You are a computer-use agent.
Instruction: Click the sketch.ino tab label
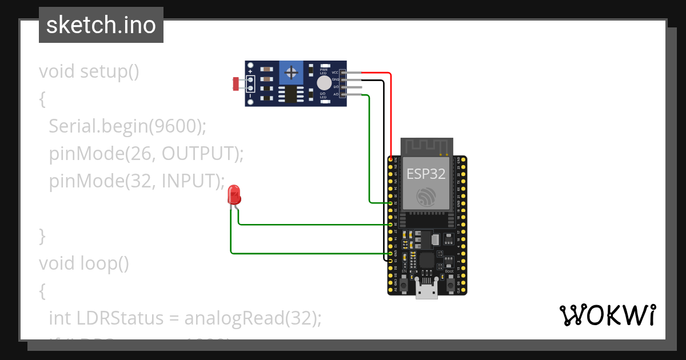point(101,25)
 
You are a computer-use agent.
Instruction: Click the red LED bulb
point(234,195)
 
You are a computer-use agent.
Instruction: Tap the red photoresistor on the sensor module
point(235,84)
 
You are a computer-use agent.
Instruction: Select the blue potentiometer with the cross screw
point(292,73)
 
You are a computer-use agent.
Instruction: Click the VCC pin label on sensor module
point(335,73)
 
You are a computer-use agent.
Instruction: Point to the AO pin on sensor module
point(343,94)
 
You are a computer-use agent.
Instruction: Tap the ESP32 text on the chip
point(426,174)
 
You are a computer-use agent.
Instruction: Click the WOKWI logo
point(607,315)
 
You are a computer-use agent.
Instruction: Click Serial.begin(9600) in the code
point(127,126)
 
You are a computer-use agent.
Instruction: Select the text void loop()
point(84,263)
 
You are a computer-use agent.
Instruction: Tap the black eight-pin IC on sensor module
point(292,94)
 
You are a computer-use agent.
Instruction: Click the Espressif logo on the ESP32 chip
point(426,197)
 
